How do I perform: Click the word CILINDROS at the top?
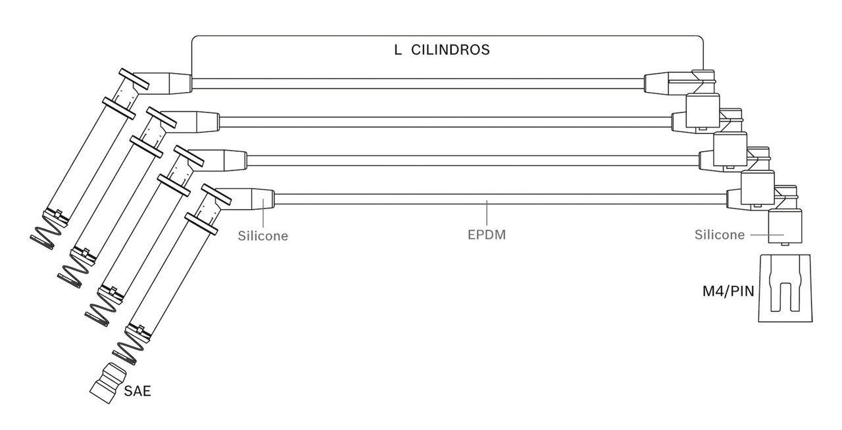tap(451, 50)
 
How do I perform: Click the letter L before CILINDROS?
tap(398, 50)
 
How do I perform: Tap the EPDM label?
tap(486, 235)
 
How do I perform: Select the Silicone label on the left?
tap(262, 235)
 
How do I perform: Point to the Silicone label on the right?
tap(720, 235)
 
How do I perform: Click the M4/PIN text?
tap(728, 292)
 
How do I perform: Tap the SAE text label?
tap(137, 391)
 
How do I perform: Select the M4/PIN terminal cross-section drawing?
tap(785, 288)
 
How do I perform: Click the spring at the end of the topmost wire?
tap(47, 238)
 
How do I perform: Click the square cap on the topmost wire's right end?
tap(703, 111)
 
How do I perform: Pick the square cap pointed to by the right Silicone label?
tap(785, 226)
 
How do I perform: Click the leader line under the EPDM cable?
tap(487, 214)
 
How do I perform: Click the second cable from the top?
tap(445, 122)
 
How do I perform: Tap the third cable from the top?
tap(473, 160)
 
